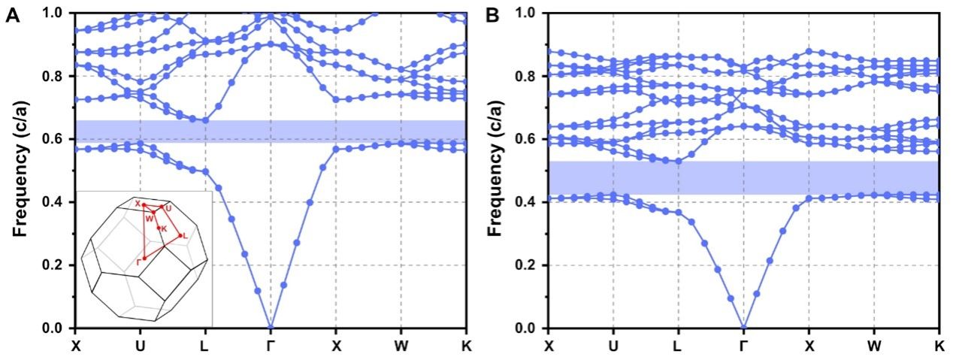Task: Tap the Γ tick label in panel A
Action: tap(271, 345)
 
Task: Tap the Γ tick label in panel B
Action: tap(743, 345)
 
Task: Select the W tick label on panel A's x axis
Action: tap(401, 345)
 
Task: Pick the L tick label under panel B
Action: tap(678, 345)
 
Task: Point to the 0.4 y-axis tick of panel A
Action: tap(58, 202)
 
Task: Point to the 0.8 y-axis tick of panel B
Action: tap(531, 76)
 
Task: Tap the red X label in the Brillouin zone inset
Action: tap(138, 204)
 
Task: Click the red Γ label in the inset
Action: tap(137, 261)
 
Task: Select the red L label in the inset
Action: tap(186, 236)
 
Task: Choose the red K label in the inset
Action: tap(164, 227)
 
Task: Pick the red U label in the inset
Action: tap(168, 207)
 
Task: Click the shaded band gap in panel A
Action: tap(271, 130)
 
